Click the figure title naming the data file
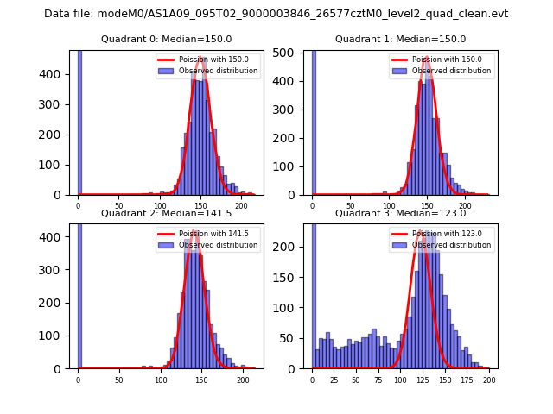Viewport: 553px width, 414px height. [276, 14]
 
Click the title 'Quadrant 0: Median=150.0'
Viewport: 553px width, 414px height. [166, 39]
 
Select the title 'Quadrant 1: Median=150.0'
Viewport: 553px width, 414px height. [400, 39]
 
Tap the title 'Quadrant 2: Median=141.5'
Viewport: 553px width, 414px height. [166, 213]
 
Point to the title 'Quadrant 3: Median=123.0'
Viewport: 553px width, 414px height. [400, 213]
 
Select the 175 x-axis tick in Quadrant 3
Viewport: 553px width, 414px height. [467, 379]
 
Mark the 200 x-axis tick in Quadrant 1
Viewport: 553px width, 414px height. [465, 205]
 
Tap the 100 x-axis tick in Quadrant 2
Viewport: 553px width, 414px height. [160, 379]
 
